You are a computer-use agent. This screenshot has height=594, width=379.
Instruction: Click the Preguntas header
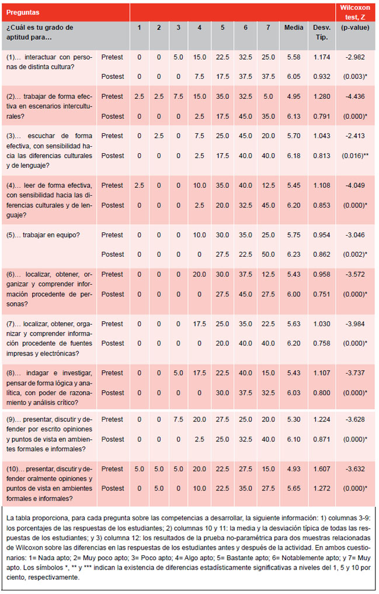pos(23,12)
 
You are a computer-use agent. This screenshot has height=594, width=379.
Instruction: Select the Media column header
pos(294,27)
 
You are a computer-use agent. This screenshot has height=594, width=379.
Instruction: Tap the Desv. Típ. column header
pos(322,32)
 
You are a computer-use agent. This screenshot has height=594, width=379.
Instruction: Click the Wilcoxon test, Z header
pos(355,12)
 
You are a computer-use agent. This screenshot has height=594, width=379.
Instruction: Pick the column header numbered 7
pos(268,27)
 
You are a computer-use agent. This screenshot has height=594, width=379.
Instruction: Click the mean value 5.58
pos(294,57)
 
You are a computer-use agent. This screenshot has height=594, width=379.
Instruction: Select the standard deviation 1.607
pos(322,469)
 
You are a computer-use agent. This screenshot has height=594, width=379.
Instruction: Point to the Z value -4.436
pos(355,96)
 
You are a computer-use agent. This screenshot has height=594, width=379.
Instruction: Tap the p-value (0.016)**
pos(355,156)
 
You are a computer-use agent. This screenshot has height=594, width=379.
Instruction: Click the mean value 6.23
pos(294,254)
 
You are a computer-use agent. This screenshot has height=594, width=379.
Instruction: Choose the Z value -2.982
pos(355,57)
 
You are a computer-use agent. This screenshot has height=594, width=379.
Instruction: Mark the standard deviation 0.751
pos(322,294)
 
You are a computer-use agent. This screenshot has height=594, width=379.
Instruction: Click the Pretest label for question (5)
pos(112,235)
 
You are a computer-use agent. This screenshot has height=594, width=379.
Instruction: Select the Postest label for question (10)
pos(113,489)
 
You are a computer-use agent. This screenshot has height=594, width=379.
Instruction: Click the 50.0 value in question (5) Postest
pos(268,254)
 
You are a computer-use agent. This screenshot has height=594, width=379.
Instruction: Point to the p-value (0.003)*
pos(355,77)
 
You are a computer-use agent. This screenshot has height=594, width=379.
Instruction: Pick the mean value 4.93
pos(294,469)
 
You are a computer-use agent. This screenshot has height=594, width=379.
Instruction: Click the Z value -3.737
pos(355,373)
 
